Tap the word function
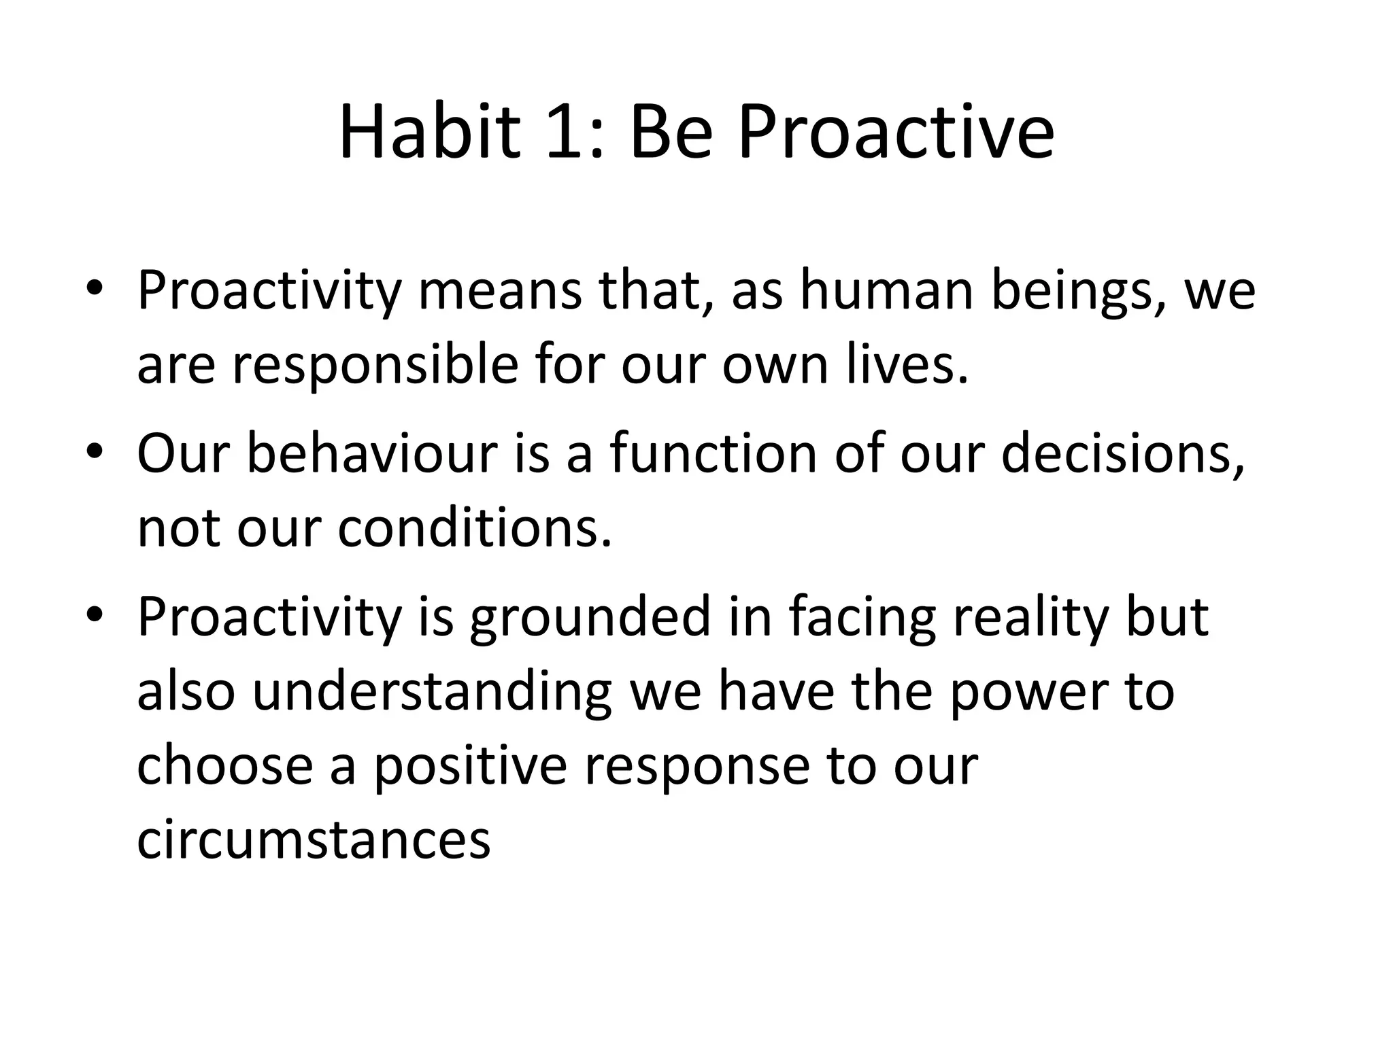pos(713,453)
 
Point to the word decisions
pos(1123,453)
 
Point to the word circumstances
pos(314,840)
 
